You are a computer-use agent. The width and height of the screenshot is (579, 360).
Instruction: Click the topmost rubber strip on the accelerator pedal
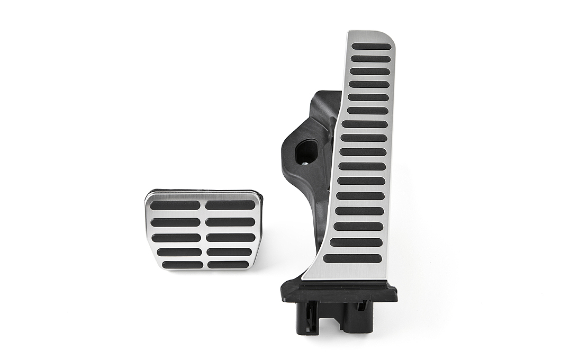371,47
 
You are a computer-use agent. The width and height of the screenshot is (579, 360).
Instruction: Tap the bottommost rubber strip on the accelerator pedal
352,259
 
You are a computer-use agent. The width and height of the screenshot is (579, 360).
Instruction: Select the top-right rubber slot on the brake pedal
230,205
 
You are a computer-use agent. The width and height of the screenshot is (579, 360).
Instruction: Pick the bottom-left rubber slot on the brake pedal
182,264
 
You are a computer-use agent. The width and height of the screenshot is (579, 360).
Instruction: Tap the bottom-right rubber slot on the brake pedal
228,264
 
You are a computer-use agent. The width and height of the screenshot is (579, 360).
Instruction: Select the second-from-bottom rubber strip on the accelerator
356,242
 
